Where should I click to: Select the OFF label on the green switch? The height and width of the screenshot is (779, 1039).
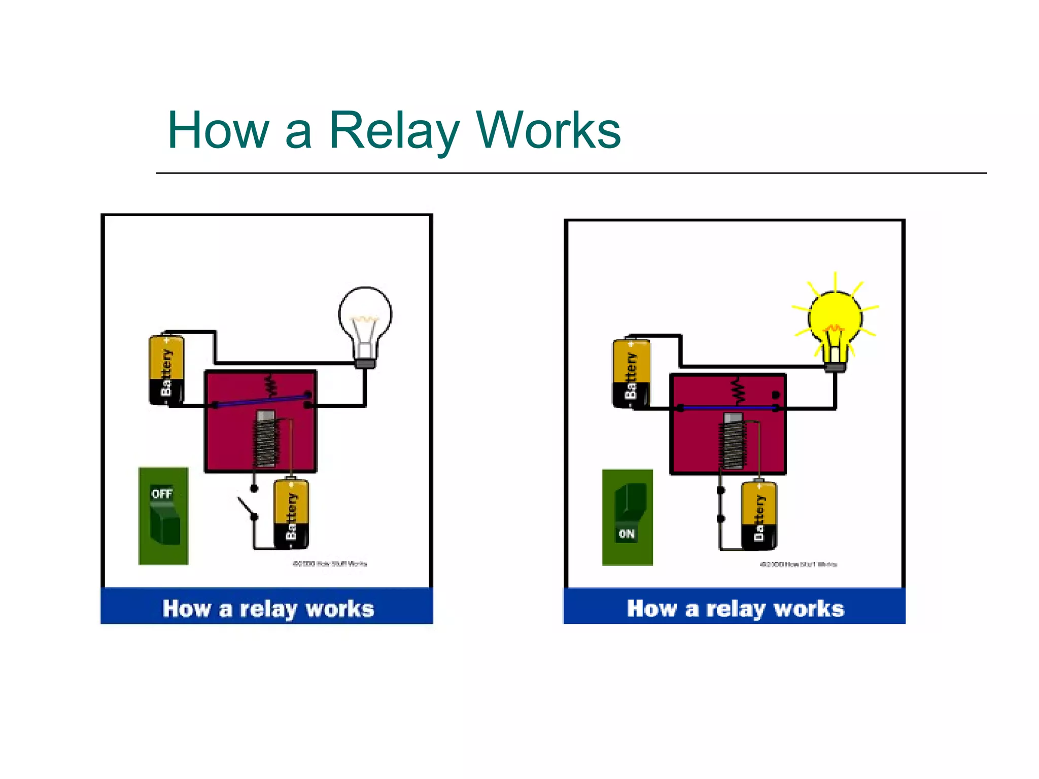click(x=162, y=493)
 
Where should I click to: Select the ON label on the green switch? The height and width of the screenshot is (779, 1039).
click(x=627, y=534)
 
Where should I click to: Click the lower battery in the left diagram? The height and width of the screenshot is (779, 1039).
click(x=291, y=513)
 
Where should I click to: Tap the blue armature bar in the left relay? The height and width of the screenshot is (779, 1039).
click(x=261, y=400)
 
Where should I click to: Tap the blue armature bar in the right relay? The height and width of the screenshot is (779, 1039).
click(x=728, y=407)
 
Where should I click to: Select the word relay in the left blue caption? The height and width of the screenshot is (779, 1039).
click(x=268, y=609)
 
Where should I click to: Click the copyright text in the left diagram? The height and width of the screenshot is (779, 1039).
click(x=330, y=563)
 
